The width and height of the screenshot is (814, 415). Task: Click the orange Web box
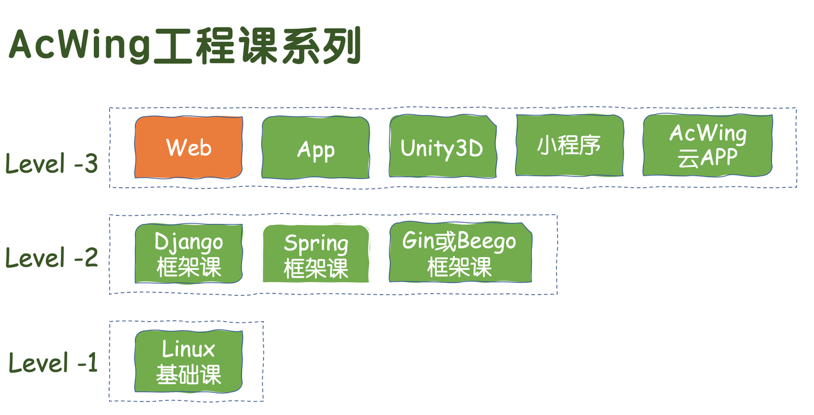[x=189, y=148]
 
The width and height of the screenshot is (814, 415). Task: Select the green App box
[x=315, y=148]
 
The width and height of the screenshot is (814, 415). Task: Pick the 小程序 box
[x=569, y=146]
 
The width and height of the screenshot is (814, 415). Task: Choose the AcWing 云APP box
[x=708, y=145]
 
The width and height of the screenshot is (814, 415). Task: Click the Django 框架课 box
[x=189, y=254]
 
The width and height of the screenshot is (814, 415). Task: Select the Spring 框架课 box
[x=315, y=254]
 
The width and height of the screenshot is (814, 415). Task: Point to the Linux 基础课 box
[x=189, y=361]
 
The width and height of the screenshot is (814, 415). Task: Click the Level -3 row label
[x=51, y=164]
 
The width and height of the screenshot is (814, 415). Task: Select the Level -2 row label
[x=51, y=258]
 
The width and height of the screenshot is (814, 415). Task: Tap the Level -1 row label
[x=53, y=363]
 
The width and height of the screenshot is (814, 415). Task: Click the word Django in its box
[x=189, y=242]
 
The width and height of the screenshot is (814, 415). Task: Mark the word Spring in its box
[x=315, y=244]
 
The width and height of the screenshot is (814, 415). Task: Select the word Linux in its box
[x=189, y=348]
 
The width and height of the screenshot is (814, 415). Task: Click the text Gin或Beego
[x=459, y=241]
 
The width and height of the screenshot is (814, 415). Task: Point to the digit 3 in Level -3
[x=90, y=164]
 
